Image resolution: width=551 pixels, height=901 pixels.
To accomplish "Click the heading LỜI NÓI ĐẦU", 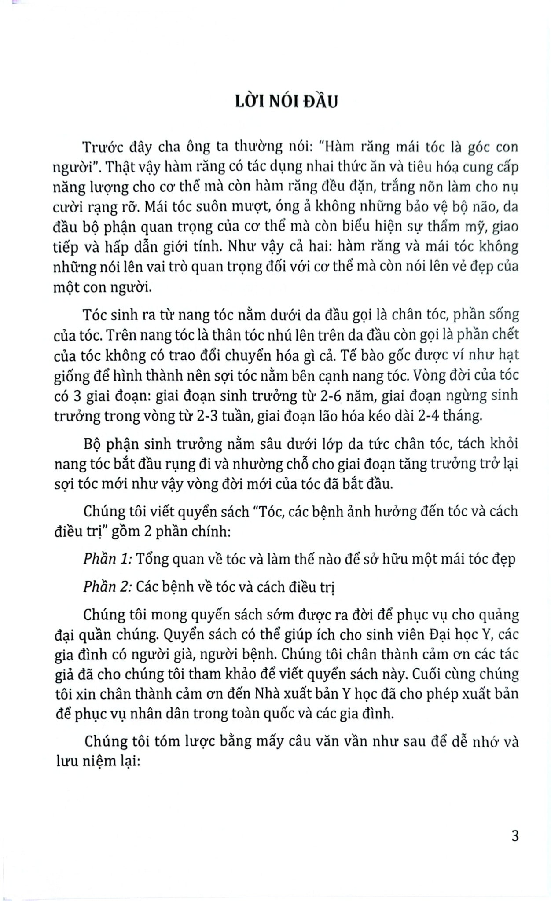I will coord(287,102).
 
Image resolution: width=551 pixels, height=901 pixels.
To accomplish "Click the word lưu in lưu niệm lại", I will coord(65,762).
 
